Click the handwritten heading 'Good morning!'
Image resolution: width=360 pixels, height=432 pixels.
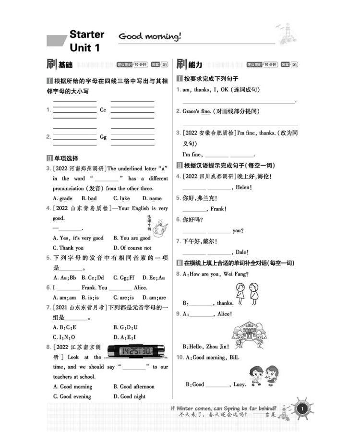point(149,36)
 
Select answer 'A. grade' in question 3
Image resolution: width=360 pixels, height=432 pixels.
point(62,198)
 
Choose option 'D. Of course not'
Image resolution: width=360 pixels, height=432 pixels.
point(132,248)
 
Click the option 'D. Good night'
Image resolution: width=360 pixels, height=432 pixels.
point(129,396)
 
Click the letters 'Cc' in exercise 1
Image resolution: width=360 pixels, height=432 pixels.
point(103,110)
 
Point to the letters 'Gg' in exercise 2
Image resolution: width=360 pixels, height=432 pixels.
point(103,137)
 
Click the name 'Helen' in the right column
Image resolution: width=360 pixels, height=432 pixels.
point(243,187)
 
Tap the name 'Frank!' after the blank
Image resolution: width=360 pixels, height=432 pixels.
point(218,209)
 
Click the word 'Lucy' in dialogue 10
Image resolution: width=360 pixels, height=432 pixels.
point(240,384)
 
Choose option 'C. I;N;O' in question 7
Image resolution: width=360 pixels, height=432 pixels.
point(64,337)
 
